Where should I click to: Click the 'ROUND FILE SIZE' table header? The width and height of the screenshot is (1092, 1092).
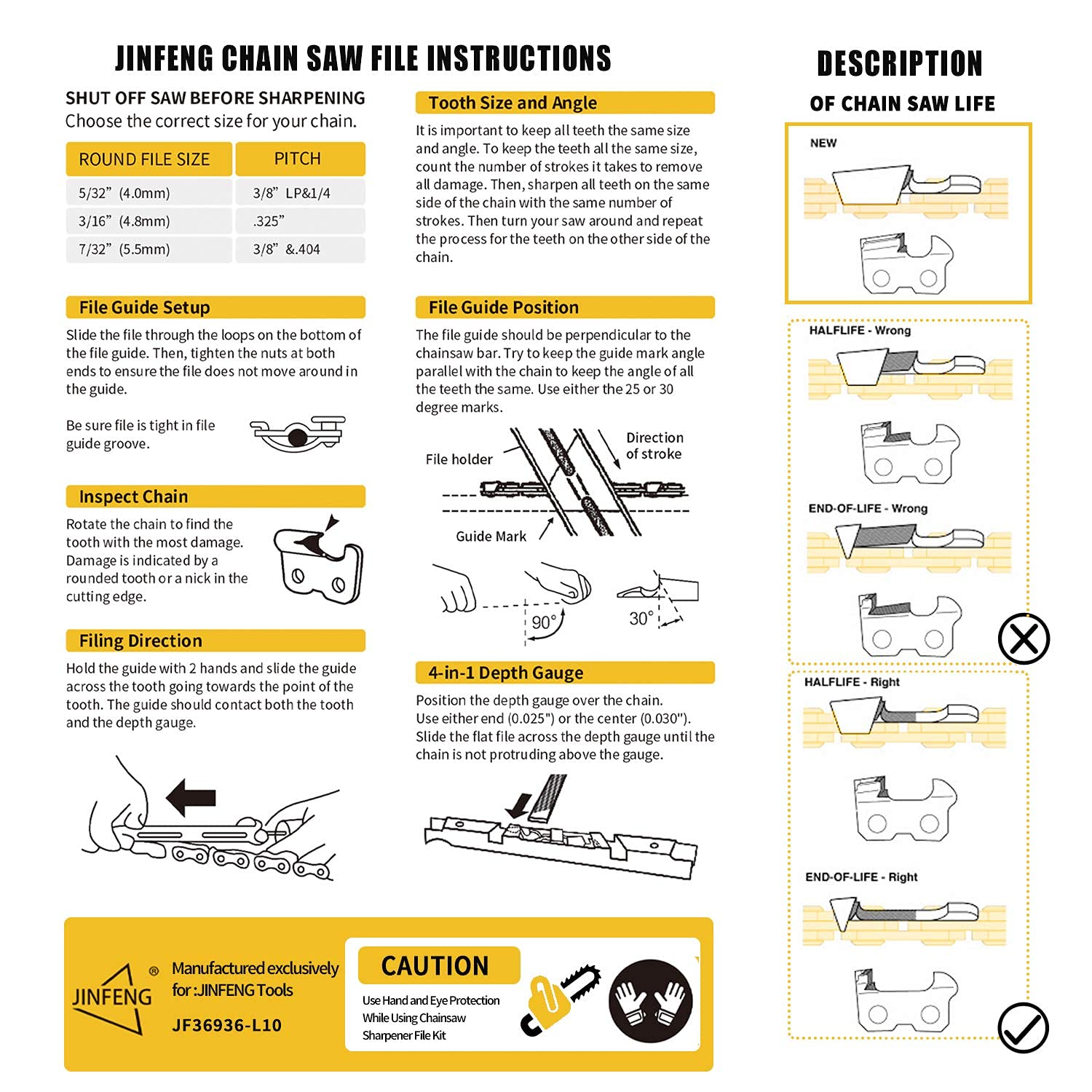[144, 159]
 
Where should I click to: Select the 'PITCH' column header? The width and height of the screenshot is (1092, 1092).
[297, 159]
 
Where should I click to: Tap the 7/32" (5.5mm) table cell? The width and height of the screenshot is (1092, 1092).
[124, 249]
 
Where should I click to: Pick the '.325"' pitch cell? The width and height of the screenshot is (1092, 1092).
[269, 221]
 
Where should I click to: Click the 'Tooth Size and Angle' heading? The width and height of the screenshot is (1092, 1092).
[513, 103]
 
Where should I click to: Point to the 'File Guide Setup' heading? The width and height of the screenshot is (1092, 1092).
[144, 307]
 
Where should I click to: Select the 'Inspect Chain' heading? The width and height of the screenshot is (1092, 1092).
[133, 496]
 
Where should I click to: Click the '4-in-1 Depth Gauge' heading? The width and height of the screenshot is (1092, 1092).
[505, 673]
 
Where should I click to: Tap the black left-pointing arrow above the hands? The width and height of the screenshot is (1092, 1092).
[191, 797]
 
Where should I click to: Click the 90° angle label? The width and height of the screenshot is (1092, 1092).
[544, 622]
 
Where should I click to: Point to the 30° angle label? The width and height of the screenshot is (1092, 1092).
[641, 619]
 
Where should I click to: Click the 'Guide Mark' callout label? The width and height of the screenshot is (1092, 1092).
[491, 537]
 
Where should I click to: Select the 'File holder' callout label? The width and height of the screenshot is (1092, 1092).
[459, 459]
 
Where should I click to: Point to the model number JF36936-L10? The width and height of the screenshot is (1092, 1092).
[226, 1025]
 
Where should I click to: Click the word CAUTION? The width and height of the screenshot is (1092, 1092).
[435, 966]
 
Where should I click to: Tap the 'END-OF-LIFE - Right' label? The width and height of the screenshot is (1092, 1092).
[861, 877]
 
